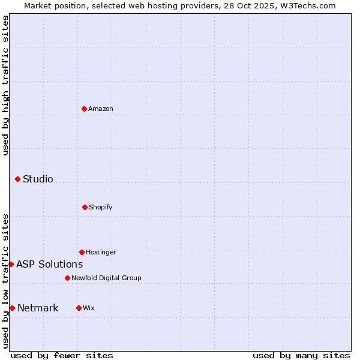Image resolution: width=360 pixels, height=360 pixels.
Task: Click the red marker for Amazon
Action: point(85,109)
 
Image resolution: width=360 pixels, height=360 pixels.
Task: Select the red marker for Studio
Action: point(17,179)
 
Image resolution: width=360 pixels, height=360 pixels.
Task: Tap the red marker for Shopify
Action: point(85,207)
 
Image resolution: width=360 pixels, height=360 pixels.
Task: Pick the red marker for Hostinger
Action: point(82,252)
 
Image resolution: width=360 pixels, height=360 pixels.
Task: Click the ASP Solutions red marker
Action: point(11,264)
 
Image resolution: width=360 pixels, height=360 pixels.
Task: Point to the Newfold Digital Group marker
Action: point(67,278)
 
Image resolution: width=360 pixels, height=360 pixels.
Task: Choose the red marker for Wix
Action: point(79,308)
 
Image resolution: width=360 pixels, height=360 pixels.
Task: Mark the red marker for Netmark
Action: point(12,308)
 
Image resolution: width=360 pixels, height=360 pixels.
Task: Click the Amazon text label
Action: point(101,109)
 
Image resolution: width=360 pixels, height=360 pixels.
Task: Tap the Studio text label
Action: point(38,179)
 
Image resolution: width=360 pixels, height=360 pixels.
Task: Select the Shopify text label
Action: point(101,207)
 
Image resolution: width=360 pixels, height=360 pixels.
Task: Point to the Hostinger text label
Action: point(101,252)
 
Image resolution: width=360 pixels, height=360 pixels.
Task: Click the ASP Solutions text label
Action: point(50,264)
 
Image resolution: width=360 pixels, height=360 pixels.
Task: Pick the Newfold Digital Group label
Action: point(106,278)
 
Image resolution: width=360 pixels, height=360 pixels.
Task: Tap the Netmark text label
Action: point(38,308)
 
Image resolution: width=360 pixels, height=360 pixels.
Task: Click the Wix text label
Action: point(89,308)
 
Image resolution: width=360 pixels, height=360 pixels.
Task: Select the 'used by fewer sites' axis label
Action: point(62,355)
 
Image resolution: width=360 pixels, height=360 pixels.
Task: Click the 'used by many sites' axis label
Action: point(301,355)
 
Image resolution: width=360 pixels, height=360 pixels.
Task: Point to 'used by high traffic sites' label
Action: point(5,85)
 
